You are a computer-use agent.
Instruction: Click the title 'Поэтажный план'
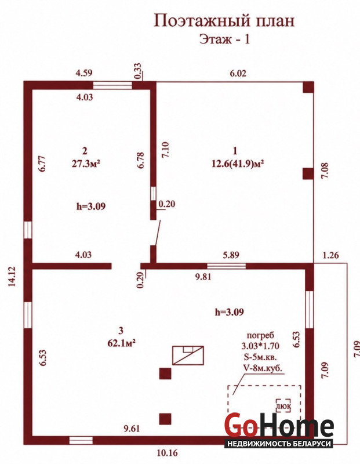224,22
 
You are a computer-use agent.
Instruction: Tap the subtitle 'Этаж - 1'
224,39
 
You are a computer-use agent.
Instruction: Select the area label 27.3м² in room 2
86,164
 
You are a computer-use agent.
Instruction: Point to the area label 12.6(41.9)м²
238,164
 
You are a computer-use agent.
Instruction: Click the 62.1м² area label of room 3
122,343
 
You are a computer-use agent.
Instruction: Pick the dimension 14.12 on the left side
12,277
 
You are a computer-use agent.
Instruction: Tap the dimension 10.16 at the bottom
168,453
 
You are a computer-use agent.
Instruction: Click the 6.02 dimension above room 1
238,73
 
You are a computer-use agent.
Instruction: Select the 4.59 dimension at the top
84,73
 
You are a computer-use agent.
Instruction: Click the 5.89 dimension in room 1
231,255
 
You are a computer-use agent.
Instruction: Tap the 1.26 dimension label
330,255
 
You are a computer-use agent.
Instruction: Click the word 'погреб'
261,336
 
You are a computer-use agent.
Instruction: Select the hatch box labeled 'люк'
283,406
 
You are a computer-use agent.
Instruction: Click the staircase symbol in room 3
188,355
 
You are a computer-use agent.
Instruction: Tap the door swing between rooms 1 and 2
157,233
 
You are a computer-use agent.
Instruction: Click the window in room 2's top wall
112,85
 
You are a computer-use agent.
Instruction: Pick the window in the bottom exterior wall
81,440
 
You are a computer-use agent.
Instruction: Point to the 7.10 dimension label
165,150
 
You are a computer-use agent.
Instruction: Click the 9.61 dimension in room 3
132,428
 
